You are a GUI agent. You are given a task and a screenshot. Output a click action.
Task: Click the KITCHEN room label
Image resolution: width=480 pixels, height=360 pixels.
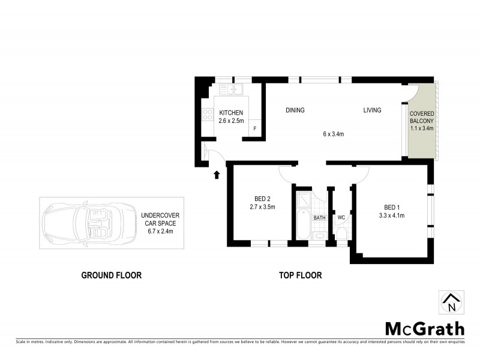(231, 113)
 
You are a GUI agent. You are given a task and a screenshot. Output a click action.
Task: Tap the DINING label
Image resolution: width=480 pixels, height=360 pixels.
(295, 110)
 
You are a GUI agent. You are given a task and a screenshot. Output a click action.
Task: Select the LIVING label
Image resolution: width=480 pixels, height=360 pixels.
(373, 110)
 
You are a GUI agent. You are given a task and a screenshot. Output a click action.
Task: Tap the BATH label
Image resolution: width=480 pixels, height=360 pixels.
(319, 218)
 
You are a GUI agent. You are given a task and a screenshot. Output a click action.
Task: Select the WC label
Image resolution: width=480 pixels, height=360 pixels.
(341, 218)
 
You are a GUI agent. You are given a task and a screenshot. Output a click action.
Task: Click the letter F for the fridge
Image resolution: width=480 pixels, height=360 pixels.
(255, 129)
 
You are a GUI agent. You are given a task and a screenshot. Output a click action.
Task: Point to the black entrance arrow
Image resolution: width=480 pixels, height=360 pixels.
(217, 174)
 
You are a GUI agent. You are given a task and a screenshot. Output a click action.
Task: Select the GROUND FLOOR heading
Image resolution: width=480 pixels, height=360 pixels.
(112, 275)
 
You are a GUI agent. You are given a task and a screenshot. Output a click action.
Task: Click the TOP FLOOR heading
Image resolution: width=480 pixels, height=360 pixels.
(300, 275)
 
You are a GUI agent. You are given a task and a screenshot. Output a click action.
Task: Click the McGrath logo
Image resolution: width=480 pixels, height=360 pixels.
(424, 328)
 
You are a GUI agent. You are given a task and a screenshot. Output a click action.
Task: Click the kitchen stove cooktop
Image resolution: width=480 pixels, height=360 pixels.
(208, 113)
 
